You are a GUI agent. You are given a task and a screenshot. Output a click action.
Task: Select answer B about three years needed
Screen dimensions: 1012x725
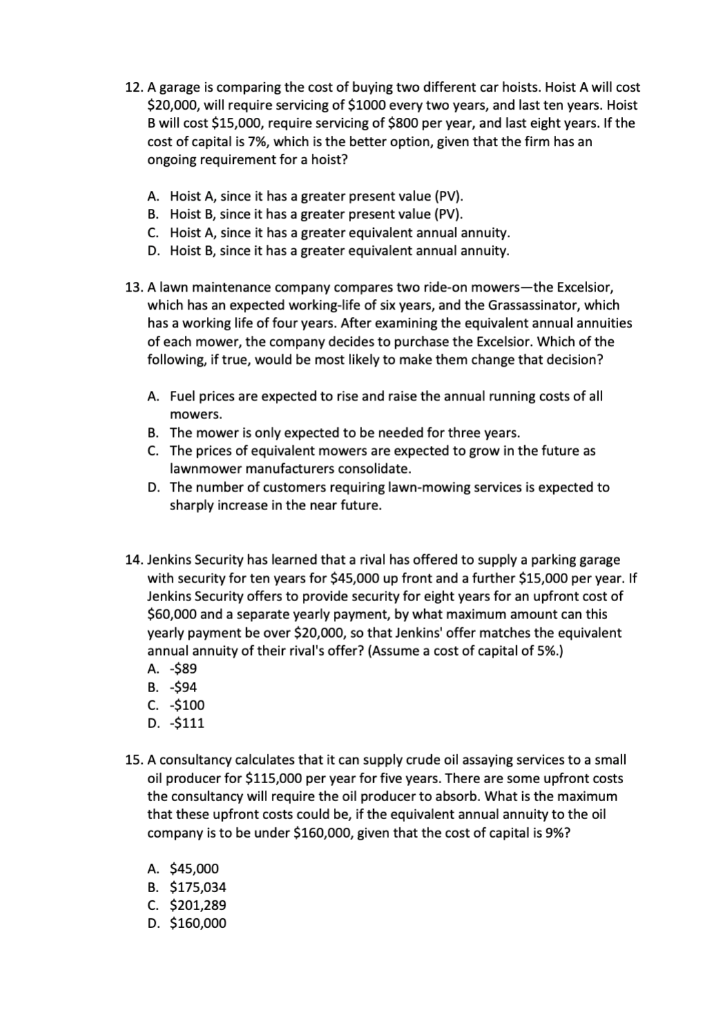coord(344,433)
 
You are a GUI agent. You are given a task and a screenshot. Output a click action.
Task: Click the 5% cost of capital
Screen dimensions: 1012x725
coord(545,651)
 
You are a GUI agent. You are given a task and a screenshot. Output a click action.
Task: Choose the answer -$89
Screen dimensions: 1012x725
coord(183,669)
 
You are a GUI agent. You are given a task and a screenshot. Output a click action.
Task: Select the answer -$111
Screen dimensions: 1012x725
coord(186,723)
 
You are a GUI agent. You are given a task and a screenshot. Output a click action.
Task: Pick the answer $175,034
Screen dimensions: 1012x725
coord(197,887)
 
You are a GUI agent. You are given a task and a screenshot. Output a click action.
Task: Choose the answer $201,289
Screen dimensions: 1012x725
coord(197,905)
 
